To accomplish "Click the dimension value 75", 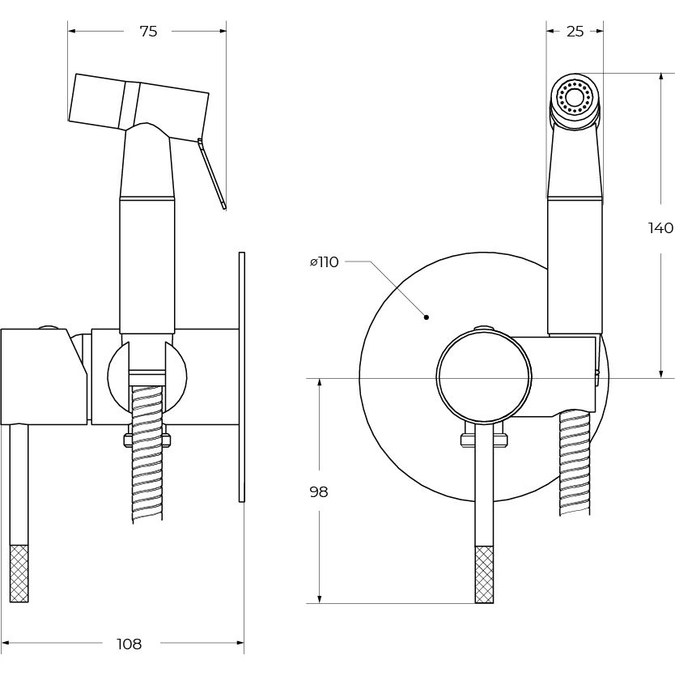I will [148, 32].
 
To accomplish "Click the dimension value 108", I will [129, 644].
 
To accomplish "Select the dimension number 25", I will [575, 32].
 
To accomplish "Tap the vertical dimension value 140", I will [660, 228].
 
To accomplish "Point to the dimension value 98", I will [319, 492].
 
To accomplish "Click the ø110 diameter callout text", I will [324, 262].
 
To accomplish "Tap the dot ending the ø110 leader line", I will [427, 317].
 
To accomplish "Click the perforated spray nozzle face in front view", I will [575, 100].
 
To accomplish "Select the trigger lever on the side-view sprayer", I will [212, 174].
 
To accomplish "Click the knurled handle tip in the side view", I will [19, 573].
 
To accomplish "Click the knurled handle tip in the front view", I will [484, 574].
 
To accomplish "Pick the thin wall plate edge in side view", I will [241, 376].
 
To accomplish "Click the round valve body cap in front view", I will [483, 377].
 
